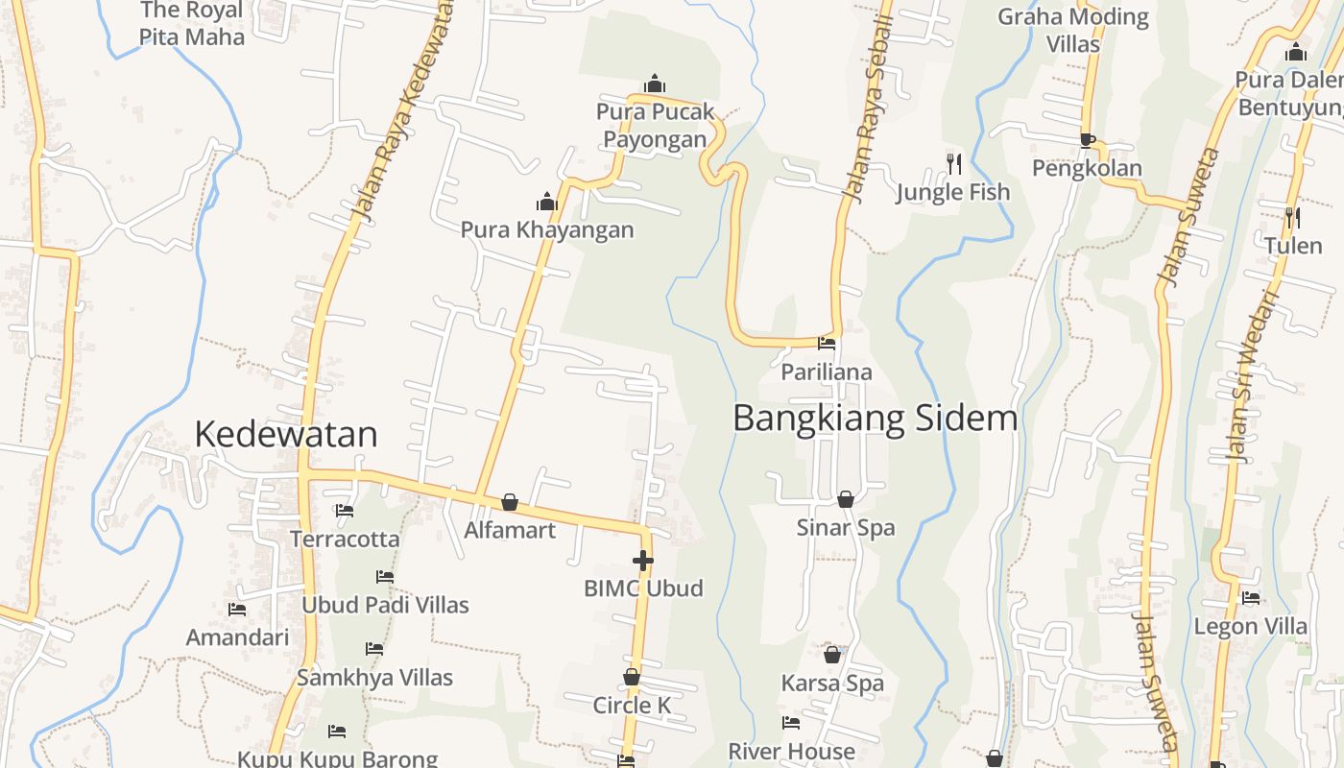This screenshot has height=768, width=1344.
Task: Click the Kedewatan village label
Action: click(x=286, y=435)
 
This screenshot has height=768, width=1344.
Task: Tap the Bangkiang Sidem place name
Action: click(x=875, y=419)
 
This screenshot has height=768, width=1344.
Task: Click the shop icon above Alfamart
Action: click(x=510, y=502)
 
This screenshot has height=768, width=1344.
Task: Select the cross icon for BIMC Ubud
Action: click(x=643, y=560)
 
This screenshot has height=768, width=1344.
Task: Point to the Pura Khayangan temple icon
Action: click(x=547, y=202)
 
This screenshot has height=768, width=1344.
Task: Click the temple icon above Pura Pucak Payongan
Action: click(x=655, y=84)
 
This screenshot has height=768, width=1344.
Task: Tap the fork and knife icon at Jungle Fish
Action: click(x=953, y=164)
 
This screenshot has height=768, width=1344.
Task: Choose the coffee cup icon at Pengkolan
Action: click(x=1087, y=140)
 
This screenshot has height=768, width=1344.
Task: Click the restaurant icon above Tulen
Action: click(x=1292, y=218)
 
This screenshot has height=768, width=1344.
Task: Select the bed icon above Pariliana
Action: click(x=827, y=344)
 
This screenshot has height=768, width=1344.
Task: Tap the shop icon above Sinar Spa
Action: click(x=846, y=499)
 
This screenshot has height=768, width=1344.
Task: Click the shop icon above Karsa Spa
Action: click(x=832, y=655)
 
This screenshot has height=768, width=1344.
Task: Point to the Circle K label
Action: click(x=632, y=706)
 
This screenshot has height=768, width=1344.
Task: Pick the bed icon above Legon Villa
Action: click(x=1251, y=598)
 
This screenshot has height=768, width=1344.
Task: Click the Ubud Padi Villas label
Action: click(x=385, y=605)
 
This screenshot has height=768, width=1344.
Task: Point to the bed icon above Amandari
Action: click(x=237, y=610)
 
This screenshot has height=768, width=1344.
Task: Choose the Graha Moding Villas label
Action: click(x=1073, y=30)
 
